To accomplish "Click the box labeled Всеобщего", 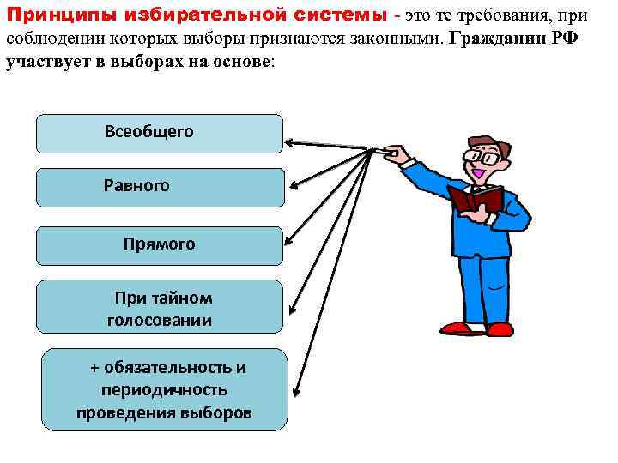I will pyautogui.click(x=159, y=134).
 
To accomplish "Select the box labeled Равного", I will pyautogui.click(x=159, y=187).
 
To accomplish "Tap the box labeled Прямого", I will pyautogui.click(x=159, y=245).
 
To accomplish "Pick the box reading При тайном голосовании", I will pyautogui.click(x=159, y=306).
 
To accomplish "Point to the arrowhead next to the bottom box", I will pyautogui.click(x=296, y=394).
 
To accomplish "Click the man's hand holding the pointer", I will pyautogui.click(x=394, y=153).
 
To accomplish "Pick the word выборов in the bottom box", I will pyautogui.click(x=217, y=413).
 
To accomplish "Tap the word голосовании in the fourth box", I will pyautogui.click(x=159, y=321).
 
